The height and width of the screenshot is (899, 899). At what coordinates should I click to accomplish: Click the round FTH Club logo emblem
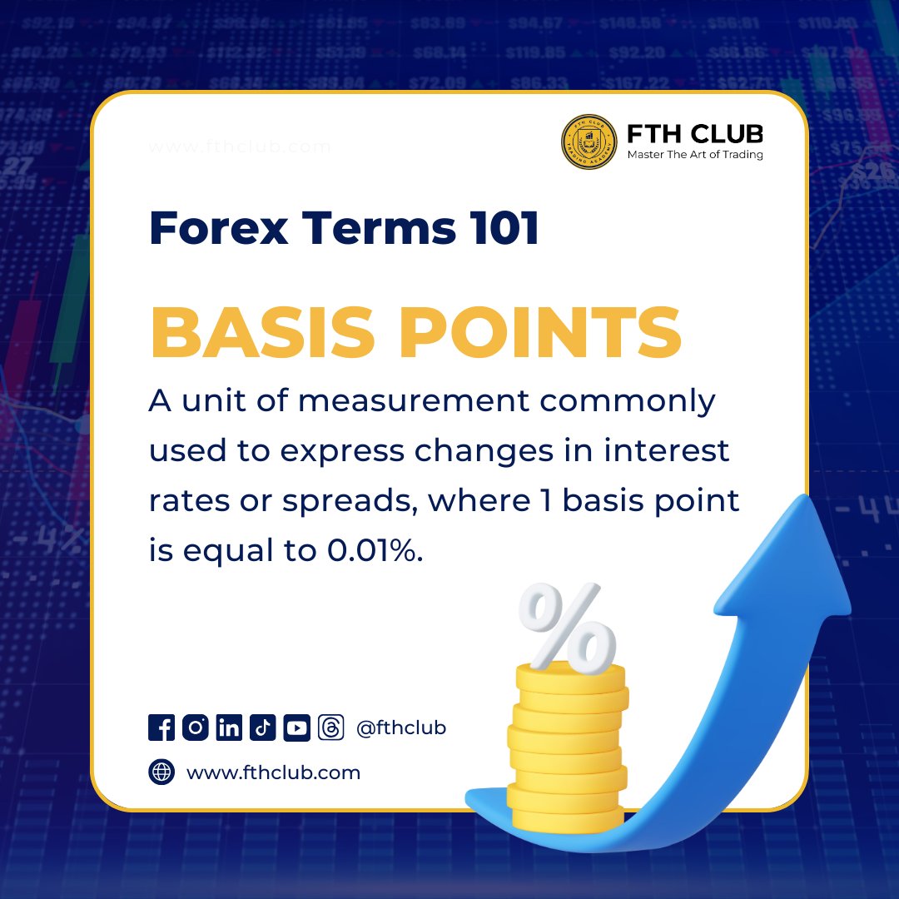point(589,142)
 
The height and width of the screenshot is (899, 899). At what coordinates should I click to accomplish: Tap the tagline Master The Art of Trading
point(694,154)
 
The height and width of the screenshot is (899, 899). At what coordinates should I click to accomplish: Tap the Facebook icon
point(161,728)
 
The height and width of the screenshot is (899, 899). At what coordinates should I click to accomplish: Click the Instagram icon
point(196,728)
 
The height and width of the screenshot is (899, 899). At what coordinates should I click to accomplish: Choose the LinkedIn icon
point(229,728)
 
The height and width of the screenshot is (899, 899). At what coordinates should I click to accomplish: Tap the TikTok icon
point(263,728)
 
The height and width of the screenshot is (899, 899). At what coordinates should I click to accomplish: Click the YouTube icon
point(296,728)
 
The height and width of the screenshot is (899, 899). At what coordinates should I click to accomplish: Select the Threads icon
point(330,728)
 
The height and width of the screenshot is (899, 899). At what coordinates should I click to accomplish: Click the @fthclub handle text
point(401,728)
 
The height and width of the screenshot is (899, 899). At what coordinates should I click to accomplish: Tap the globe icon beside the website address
point(161,772)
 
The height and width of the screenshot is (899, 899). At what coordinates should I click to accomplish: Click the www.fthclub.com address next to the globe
point(273,772)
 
